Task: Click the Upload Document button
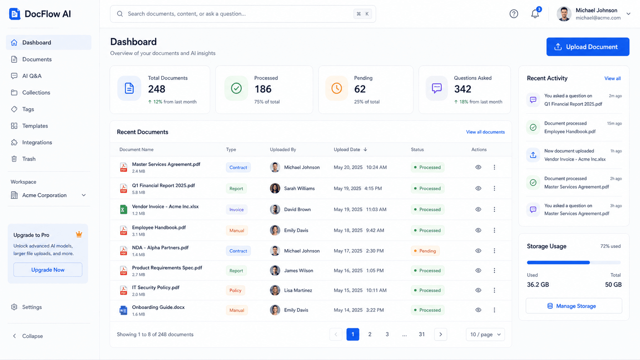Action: point(588,47)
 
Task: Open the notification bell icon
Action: point(535,14)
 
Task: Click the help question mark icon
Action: point(514,14)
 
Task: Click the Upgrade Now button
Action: point(48,270)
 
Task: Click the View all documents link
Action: point(485,132)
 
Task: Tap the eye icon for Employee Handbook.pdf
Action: point(478,230)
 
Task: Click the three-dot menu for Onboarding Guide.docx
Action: point(494,310)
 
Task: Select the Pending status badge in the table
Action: point(425,251)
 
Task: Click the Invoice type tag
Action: point(237,210)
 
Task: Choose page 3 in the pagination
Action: point(387,334)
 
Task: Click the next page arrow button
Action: point(441,334)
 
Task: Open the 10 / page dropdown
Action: point(485,334)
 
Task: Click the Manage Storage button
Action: point(574,306)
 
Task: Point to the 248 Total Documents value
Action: point(157,89)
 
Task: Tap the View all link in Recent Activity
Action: point(612,78)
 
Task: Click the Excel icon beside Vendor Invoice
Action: point(123,210)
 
